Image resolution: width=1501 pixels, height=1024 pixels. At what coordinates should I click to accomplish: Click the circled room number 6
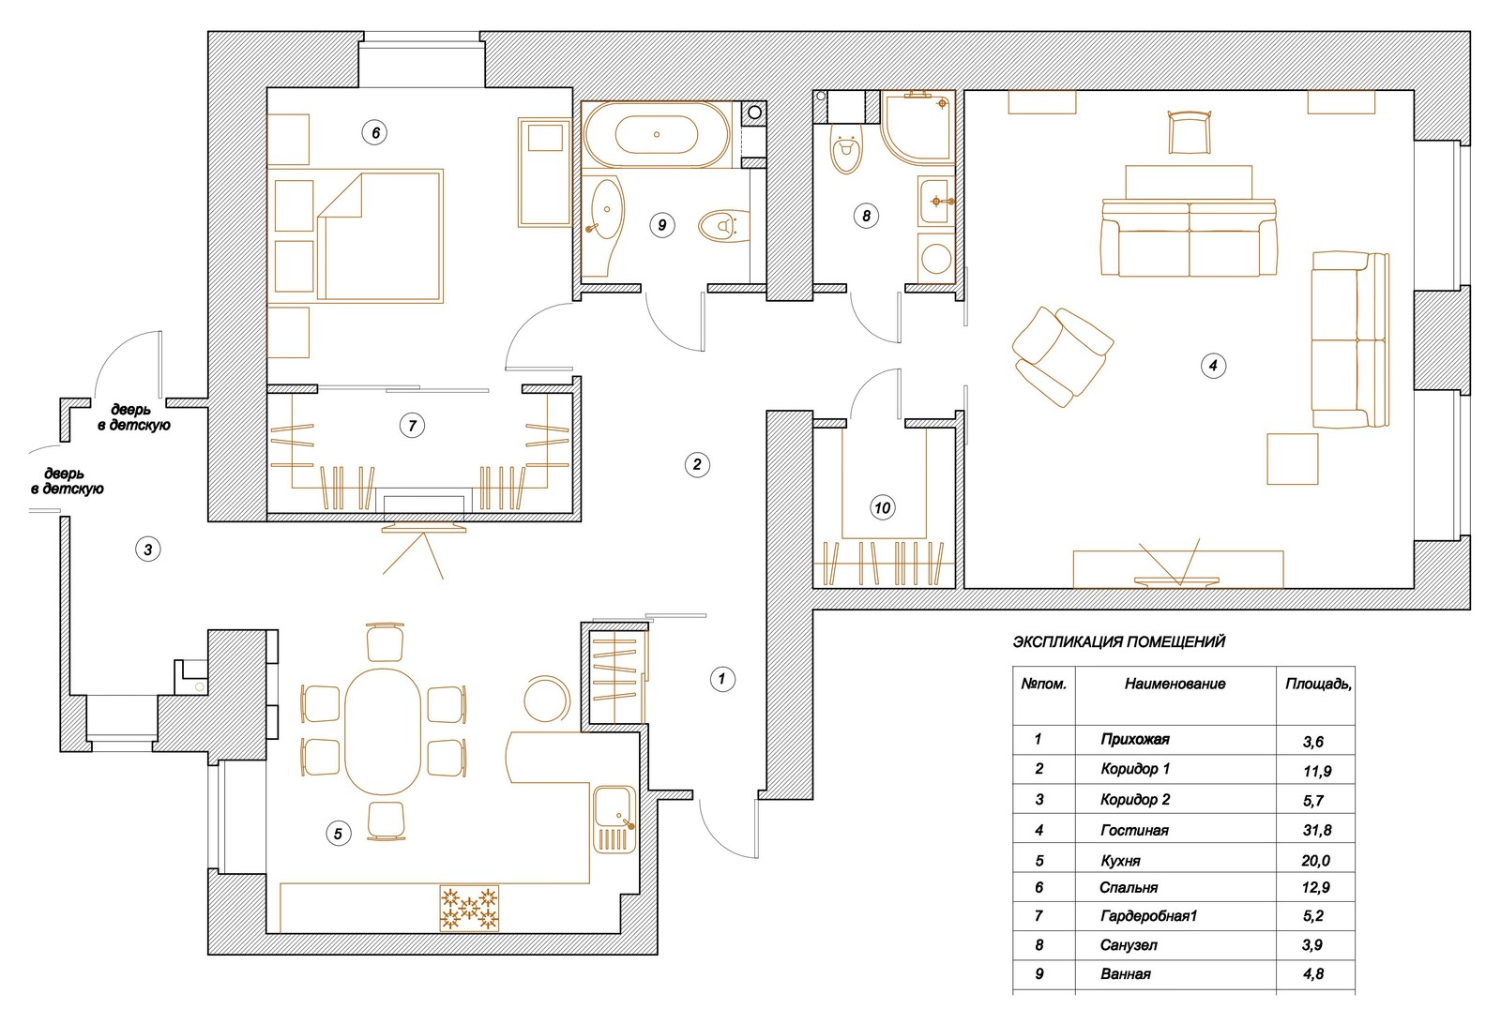375,132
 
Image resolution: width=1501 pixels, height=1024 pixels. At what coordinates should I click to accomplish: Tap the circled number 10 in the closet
883,507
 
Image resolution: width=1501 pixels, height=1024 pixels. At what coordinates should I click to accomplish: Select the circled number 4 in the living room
1213,366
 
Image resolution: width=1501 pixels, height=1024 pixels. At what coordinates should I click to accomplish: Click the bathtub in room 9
657,135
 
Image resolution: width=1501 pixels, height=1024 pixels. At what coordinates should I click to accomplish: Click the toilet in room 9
723,226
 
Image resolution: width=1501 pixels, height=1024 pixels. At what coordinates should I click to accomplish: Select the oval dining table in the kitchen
383,731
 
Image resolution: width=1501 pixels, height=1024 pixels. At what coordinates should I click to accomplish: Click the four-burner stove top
469,909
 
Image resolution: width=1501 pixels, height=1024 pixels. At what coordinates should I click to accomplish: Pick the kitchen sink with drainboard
614,819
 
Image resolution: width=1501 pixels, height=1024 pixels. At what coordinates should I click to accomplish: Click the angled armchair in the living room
1062,357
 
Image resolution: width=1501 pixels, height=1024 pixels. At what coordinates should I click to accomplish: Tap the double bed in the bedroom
380,235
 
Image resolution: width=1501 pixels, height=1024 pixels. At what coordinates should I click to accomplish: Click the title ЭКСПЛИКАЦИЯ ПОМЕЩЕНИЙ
1119,641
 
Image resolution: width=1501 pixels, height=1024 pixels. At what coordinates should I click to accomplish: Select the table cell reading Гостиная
1134,831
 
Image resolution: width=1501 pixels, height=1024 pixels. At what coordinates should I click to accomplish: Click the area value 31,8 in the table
1317,831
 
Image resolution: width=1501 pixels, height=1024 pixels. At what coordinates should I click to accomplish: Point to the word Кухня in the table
1120,861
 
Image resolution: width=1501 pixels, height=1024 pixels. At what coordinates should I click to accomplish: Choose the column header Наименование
1175,684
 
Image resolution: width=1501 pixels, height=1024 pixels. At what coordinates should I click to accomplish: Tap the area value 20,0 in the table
1316,861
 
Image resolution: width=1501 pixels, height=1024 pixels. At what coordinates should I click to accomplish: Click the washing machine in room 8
936,258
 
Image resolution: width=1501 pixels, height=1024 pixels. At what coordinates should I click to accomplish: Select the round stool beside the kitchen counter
547,699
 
